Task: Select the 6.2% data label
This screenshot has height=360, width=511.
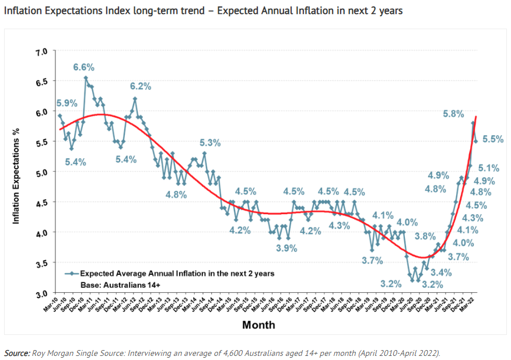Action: tap(140, 86)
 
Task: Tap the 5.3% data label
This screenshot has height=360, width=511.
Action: tap(210, 142)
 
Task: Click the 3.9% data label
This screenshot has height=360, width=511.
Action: tap(286, 248)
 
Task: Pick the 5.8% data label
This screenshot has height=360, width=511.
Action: tap(453, 114)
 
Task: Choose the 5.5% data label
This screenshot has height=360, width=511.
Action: tap(493, 139)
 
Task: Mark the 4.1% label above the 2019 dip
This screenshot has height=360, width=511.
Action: tap(383, 214)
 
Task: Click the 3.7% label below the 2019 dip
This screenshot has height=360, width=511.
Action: tap(372, 260)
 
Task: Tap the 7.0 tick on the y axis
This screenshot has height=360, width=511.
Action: tap(40, 53)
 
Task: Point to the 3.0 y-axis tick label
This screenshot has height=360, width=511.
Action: tap(40, 293)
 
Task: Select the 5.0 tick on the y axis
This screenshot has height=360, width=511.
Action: tap(40, 173)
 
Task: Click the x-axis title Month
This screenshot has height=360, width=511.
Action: tap(258, 324)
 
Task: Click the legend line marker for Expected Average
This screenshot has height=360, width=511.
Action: tap(71, 273)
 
